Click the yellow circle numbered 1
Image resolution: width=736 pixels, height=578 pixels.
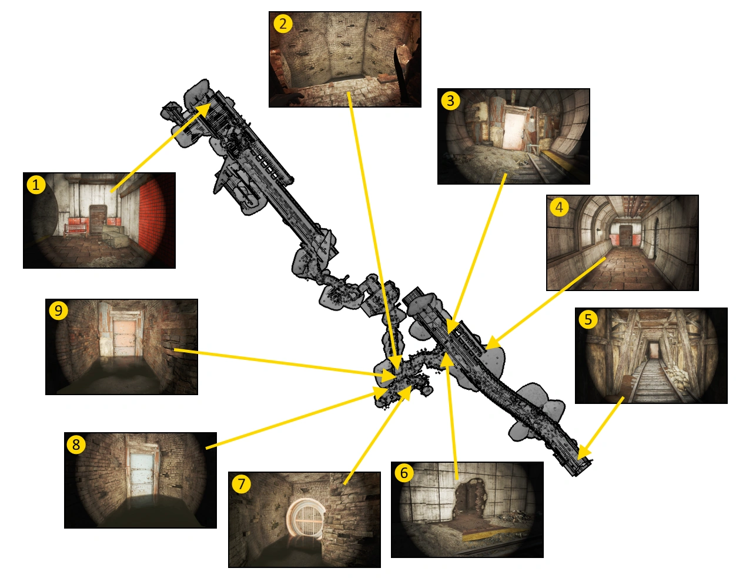[x=36, y=185]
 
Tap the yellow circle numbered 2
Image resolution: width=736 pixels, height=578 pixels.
[x=283, y=24]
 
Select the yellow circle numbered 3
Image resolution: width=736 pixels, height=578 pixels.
[x=450, y=101]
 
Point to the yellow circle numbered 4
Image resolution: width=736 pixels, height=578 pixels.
[x=559, y=207]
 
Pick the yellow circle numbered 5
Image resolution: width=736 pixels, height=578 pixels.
[x=588, y=319]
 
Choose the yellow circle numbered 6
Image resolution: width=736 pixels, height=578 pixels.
[x=404, y=473]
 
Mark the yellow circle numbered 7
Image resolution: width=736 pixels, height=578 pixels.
[x=241, y=483]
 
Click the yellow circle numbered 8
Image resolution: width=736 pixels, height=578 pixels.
[x=76, y=444]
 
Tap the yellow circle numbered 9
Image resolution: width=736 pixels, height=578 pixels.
[x=58, y=310]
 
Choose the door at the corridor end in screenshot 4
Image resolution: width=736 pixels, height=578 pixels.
[x=624, y=236]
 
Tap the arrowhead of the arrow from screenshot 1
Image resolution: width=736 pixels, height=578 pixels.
[x=203, y=109]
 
